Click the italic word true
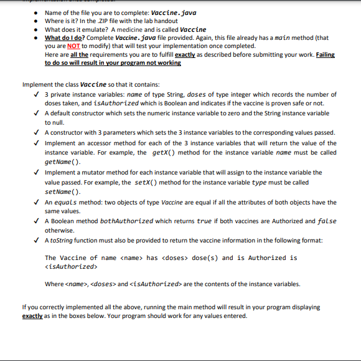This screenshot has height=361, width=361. coord(204,221)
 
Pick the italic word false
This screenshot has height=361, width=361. coord(327,221)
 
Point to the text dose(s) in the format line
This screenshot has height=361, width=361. coord(204,258)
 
